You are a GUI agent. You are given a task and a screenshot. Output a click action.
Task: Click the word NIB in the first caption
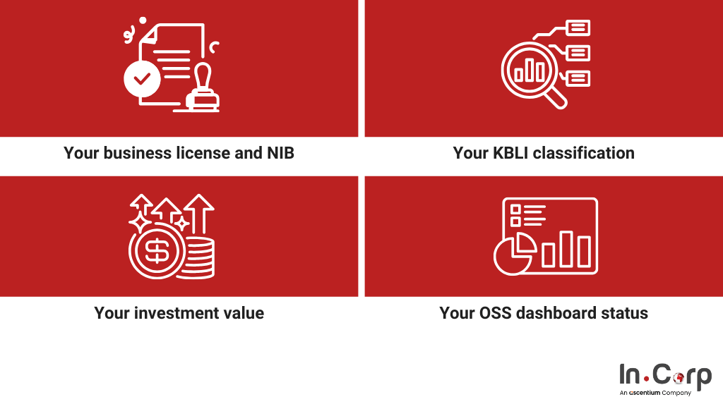[280, 153]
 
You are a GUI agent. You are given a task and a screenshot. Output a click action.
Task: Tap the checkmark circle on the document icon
[142, 79]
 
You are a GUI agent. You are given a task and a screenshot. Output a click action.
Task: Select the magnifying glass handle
[556, 97]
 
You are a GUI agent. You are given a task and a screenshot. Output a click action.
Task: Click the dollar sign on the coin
[157, 251]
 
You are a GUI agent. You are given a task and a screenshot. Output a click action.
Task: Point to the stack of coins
[198, 258]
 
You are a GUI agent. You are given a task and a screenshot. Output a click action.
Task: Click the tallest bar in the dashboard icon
[567, 249]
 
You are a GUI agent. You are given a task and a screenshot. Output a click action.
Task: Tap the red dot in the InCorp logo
[647, 379]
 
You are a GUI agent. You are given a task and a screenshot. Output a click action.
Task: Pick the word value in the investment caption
[244, 313]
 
